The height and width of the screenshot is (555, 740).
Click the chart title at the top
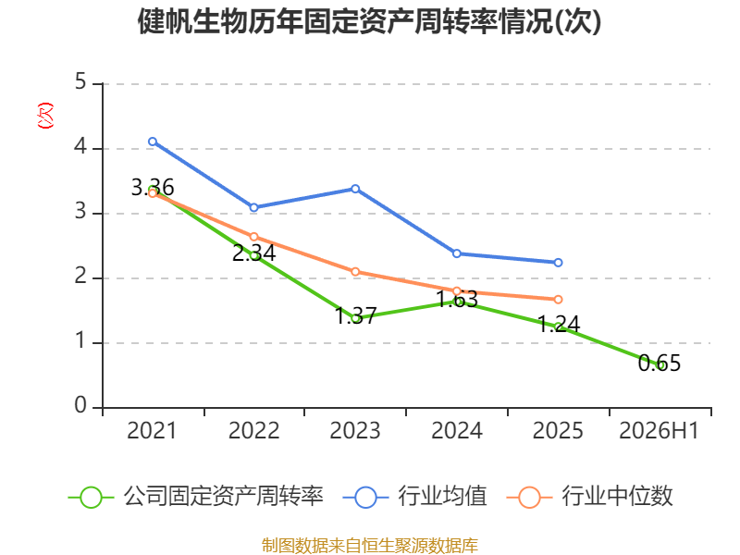coord(369,21)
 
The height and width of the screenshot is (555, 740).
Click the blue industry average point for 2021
coord(153,142)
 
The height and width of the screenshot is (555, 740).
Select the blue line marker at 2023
coord(355,189)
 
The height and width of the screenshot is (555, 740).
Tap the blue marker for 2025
coord(558,263)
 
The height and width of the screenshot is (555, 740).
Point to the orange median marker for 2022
coord(253,237)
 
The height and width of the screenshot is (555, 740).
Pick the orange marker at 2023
coord(355,272)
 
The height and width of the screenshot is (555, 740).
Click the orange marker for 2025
coord(558,299)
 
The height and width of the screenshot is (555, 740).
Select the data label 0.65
coord(660,364)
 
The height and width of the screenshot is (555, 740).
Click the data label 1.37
coord(355,315)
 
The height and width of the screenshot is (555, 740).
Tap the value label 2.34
coord(253,253)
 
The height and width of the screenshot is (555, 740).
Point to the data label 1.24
coord(559,325)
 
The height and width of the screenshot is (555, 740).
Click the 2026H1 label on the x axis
coord(659,430)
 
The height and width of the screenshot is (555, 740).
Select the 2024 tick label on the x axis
coord(457,430)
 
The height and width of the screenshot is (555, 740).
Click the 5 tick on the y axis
coord(80,82)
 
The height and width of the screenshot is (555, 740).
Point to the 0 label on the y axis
coord(80,405)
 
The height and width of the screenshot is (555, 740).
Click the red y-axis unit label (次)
coord(45,116)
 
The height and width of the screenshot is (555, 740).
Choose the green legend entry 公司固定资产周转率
coord(196,497)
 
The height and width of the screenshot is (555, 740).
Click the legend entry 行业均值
coord(414,497)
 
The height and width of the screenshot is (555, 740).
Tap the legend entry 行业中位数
coord(589,497)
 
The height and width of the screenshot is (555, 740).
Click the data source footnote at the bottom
coord(370,545)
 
